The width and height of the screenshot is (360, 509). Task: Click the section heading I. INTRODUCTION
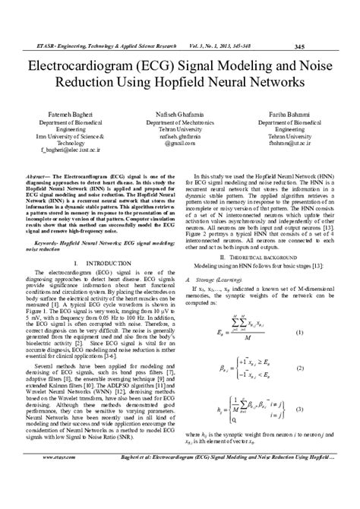93,264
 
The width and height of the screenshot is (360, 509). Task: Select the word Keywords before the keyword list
48,245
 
